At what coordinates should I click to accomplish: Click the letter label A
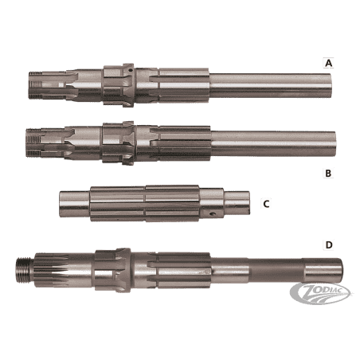pyautogui.click(x=328, y=63)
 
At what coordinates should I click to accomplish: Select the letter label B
pyautogui.click(x=328, y=173)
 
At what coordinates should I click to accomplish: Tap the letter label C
pyautogui.click(x=266, y=204)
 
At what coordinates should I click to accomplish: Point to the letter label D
pyautogui.click(x=329, y=245)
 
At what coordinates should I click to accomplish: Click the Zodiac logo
pyautogui.click(x=320, y=293)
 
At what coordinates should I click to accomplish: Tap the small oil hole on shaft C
pyautogui.click(x=212, y=213)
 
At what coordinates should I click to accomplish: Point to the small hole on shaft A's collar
pyautogui.click(x=130, y=71)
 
